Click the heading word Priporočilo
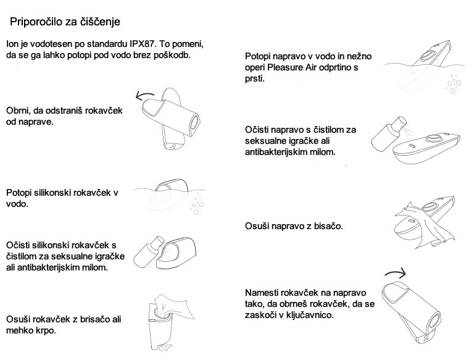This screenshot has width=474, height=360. pos(36,22)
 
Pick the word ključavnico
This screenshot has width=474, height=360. pos(309,315)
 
